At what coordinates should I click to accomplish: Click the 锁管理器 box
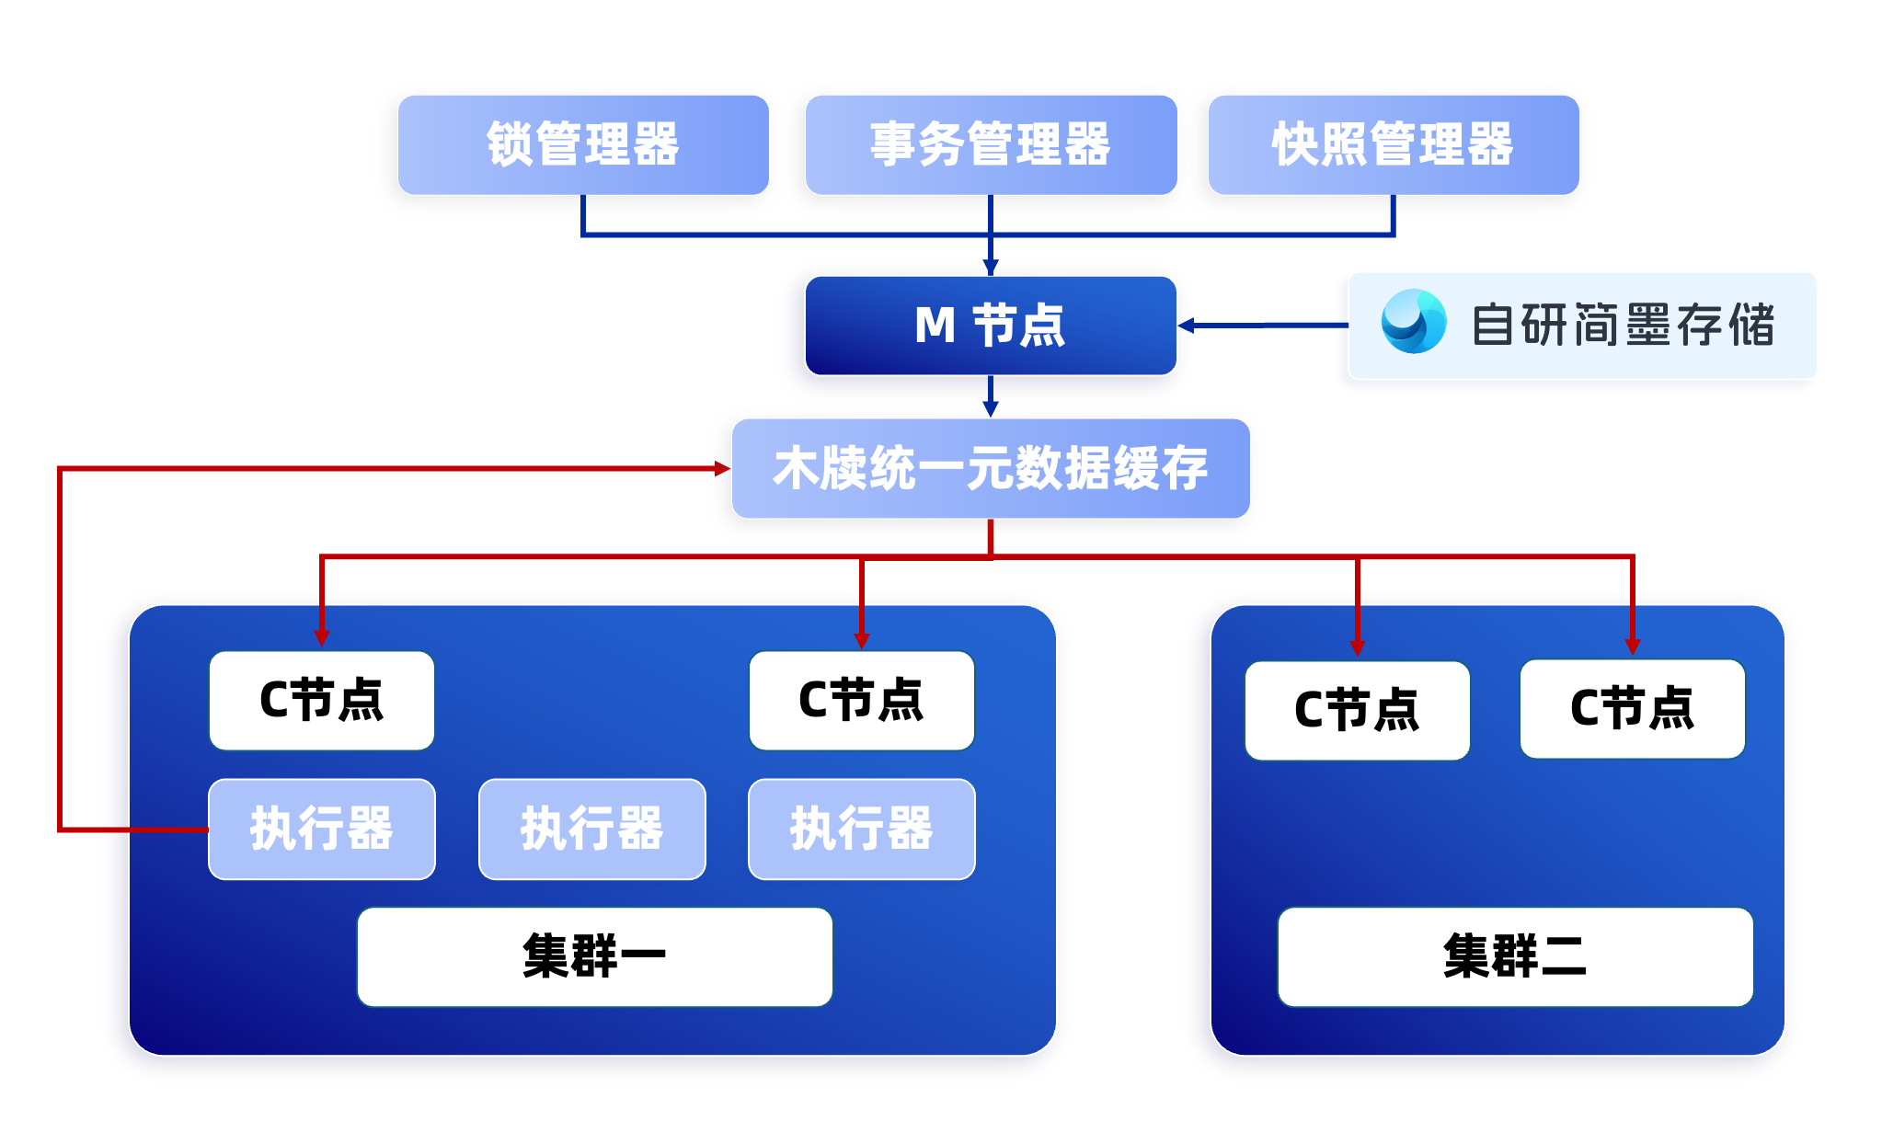583,144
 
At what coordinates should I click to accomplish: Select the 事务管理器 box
991,144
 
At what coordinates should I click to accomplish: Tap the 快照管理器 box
1394,144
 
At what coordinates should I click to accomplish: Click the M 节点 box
991,326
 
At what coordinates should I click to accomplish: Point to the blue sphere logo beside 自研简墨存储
1414,321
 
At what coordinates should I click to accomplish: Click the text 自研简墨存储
1624,325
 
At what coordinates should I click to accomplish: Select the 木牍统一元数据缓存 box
991,468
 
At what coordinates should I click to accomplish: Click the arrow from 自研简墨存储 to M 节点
1263,325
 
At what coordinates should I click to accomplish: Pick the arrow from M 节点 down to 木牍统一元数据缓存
991,396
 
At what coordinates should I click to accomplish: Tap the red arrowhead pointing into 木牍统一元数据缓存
722,468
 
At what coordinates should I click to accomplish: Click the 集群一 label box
595,956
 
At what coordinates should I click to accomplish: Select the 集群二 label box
1515,956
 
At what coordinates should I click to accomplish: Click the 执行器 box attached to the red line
322,829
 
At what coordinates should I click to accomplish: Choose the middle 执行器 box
592,829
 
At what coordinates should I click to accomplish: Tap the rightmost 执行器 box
862,829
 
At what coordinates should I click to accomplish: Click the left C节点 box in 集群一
322,701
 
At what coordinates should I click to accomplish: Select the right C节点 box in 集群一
862,701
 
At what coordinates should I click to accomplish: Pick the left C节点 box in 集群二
1358,710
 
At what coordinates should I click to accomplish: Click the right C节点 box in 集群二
1633,708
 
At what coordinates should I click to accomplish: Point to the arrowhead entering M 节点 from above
991,268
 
